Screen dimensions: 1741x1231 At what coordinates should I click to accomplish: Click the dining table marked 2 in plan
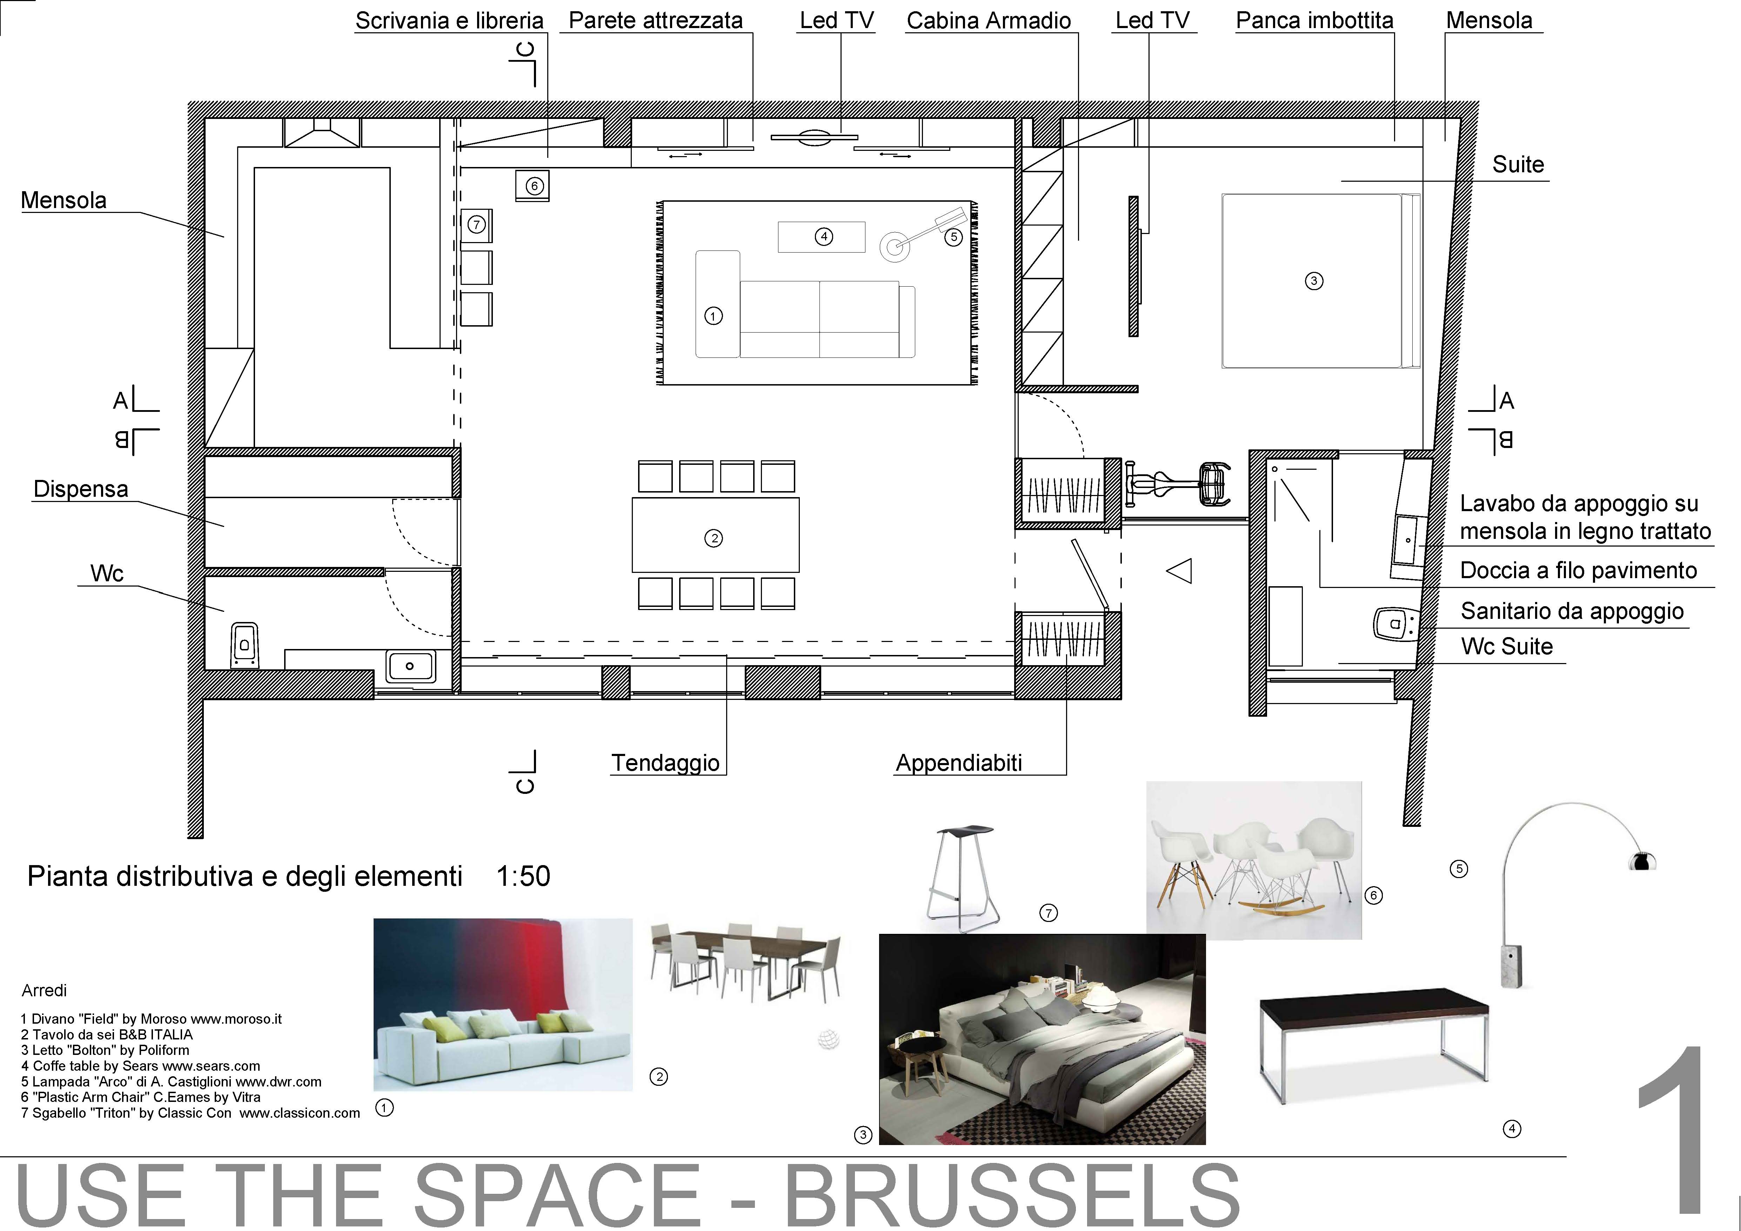point(715,535)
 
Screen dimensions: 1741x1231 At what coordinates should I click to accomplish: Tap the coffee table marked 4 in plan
point(821,237)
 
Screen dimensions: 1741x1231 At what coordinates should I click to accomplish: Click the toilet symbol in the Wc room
point(244,645)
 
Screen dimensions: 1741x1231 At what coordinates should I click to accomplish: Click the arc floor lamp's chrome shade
point(1642,861)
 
